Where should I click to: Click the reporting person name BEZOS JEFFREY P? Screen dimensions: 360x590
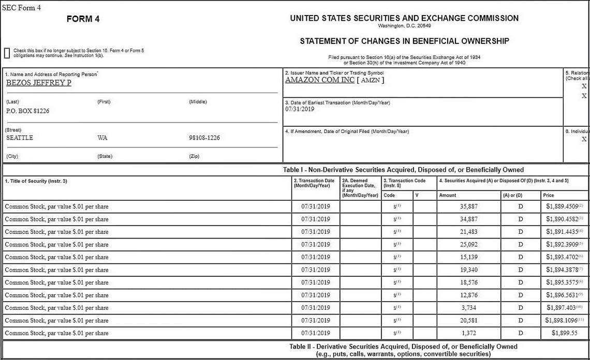(x=39, y=83)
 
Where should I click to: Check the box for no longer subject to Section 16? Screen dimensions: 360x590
(x=7, y=53)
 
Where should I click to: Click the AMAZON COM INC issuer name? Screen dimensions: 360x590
(x=319, y=80)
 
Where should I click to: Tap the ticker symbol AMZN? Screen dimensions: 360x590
(x=371, y=80)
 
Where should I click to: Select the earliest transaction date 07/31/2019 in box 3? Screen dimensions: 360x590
(x=300, y=109)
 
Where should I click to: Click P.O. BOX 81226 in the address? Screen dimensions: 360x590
(x=27, y=111)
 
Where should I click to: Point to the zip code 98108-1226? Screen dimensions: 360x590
(x=204, y=138)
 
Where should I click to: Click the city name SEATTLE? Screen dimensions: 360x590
(x=20, y=138)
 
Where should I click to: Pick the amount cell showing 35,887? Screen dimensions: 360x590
(x=468, y=206)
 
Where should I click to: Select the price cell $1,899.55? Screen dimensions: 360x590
(x=564, y=333)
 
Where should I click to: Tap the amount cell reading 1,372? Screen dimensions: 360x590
(x=468, y=333)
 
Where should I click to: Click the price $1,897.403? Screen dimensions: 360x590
(x=563, y=308)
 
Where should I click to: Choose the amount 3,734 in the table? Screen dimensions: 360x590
(x=468, y=308)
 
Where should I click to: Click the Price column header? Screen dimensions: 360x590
(x=549, y=196)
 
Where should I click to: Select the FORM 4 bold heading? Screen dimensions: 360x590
(x=83, y=19)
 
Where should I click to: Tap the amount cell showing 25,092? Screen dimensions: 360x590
(x=468, y=245)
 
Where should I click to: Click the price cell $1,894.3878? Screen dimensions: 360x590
(x=563, y=270)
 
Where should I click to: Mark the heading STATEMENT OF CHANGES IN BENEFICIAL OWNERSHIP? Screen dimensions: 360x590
(x=404, y=41)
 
